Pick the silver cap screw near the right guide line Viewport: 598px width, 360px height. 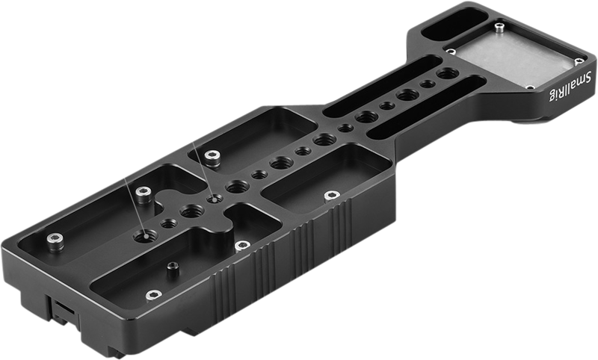pyautogui.click(x=212, y=155)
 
